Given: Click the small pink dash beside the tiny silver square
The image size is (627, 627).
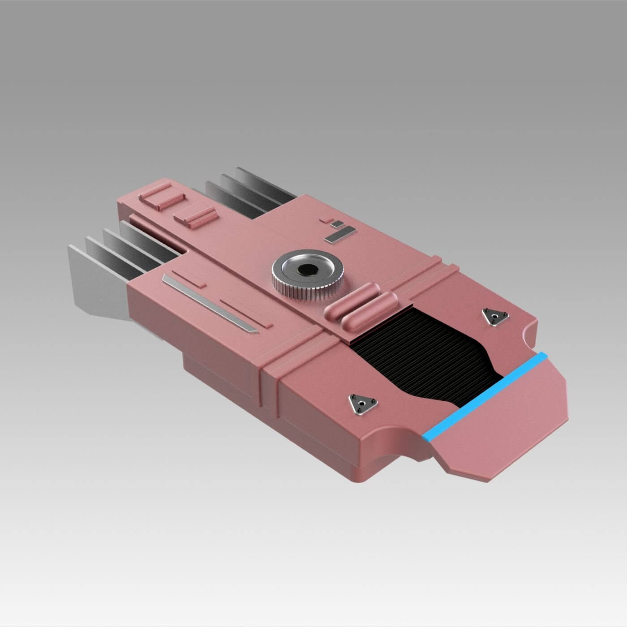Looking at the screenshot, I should tap(326, 220).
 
